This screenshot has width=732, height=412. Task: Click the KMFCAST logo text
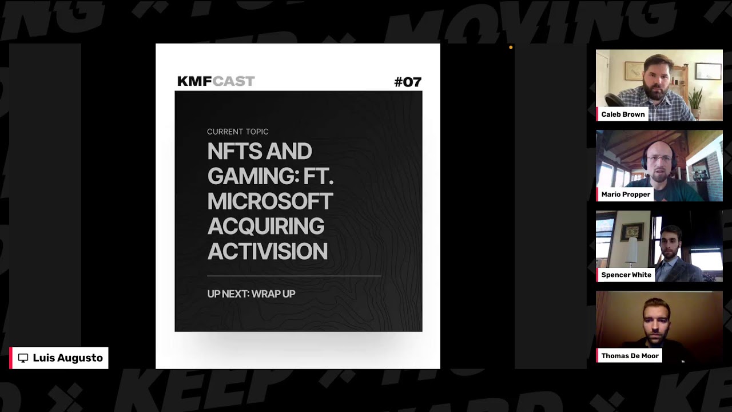(x=216, y=81)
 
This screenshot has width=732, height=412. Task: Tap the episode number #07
(x=408, y=82)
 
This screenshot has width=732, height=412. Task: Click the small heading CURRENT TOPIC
(x=237, y=132)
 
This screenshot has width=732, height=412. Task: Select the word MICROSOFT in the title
(x=270, y=201)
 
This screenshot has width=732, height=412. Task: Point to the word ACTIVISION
(x=267, y=251)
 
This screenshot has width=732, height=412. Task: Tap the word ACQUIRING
(x=266, y=226)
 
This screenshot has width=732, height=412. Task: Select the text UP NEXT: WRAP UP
(x=251, y=294)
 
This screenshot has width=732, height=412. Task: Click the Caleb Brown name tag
(x=623, y=114)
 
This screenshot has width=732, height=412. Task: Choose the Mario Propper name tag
(x=625, y=194)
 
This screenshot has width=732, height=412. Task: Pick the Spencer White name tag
(x=626, y=275)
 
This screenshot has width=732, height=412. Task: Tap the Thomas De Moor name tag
(x=630, y=355)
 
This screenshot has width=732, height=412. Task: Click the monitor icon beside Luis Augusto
(x=23, y=358)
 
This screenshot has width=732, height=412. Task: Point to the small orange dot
(x=511, y=47)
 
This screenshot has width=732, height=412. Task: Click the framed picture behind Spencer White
(x=632, y=232)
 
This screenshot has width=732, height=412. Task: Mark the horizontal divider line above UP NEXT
(x=294, y=276)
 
